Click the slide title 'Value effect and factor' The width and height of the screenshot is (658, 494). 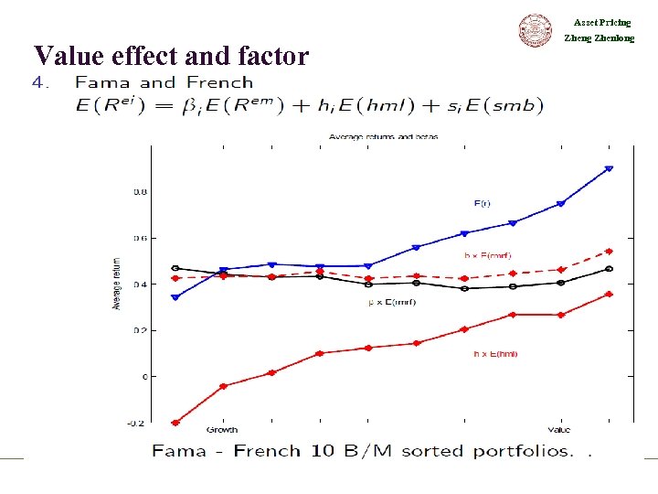click(x=171, y=57)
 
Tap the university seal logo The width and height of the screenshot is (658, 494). click(x=536, y=30)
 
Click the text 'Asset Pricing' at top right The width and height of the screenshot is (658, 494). click(x=602, y=22)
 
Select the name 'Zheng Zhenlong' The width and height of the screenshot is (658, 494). click(x=600, y=38)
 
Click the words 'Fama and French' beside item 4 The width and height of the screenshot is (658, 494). click(x=164, y=82)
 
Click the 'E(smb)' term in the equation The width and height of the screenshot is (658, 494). click(x=502, y=105)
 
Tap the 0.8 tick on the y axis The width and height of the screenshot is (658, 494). click(x=140, y=192)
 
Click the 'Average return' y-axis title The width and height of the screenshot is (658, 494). click(x=117, y=284)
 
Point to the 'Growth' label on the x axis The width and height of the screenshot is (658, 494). click(x=223, y=430)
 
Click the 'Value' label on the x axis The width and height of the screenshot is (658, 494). click(x=559, y=430)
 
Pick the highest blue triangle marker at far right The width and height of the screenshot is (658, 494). click(x=609, y=168)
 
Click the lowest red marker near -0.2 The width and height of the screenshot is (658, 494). click(x=175, y=423)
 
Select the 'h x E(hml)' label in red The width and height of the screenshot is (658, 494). click(x=494, y=353)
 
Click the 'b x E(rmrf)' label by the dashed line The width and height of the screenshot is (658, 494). click(x=488, y=255)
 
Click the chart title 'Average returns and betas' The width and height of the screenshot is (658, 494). click(x=383, y=137)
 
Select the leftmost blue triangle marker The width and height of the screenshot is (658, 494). click(x=175, y=297)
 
